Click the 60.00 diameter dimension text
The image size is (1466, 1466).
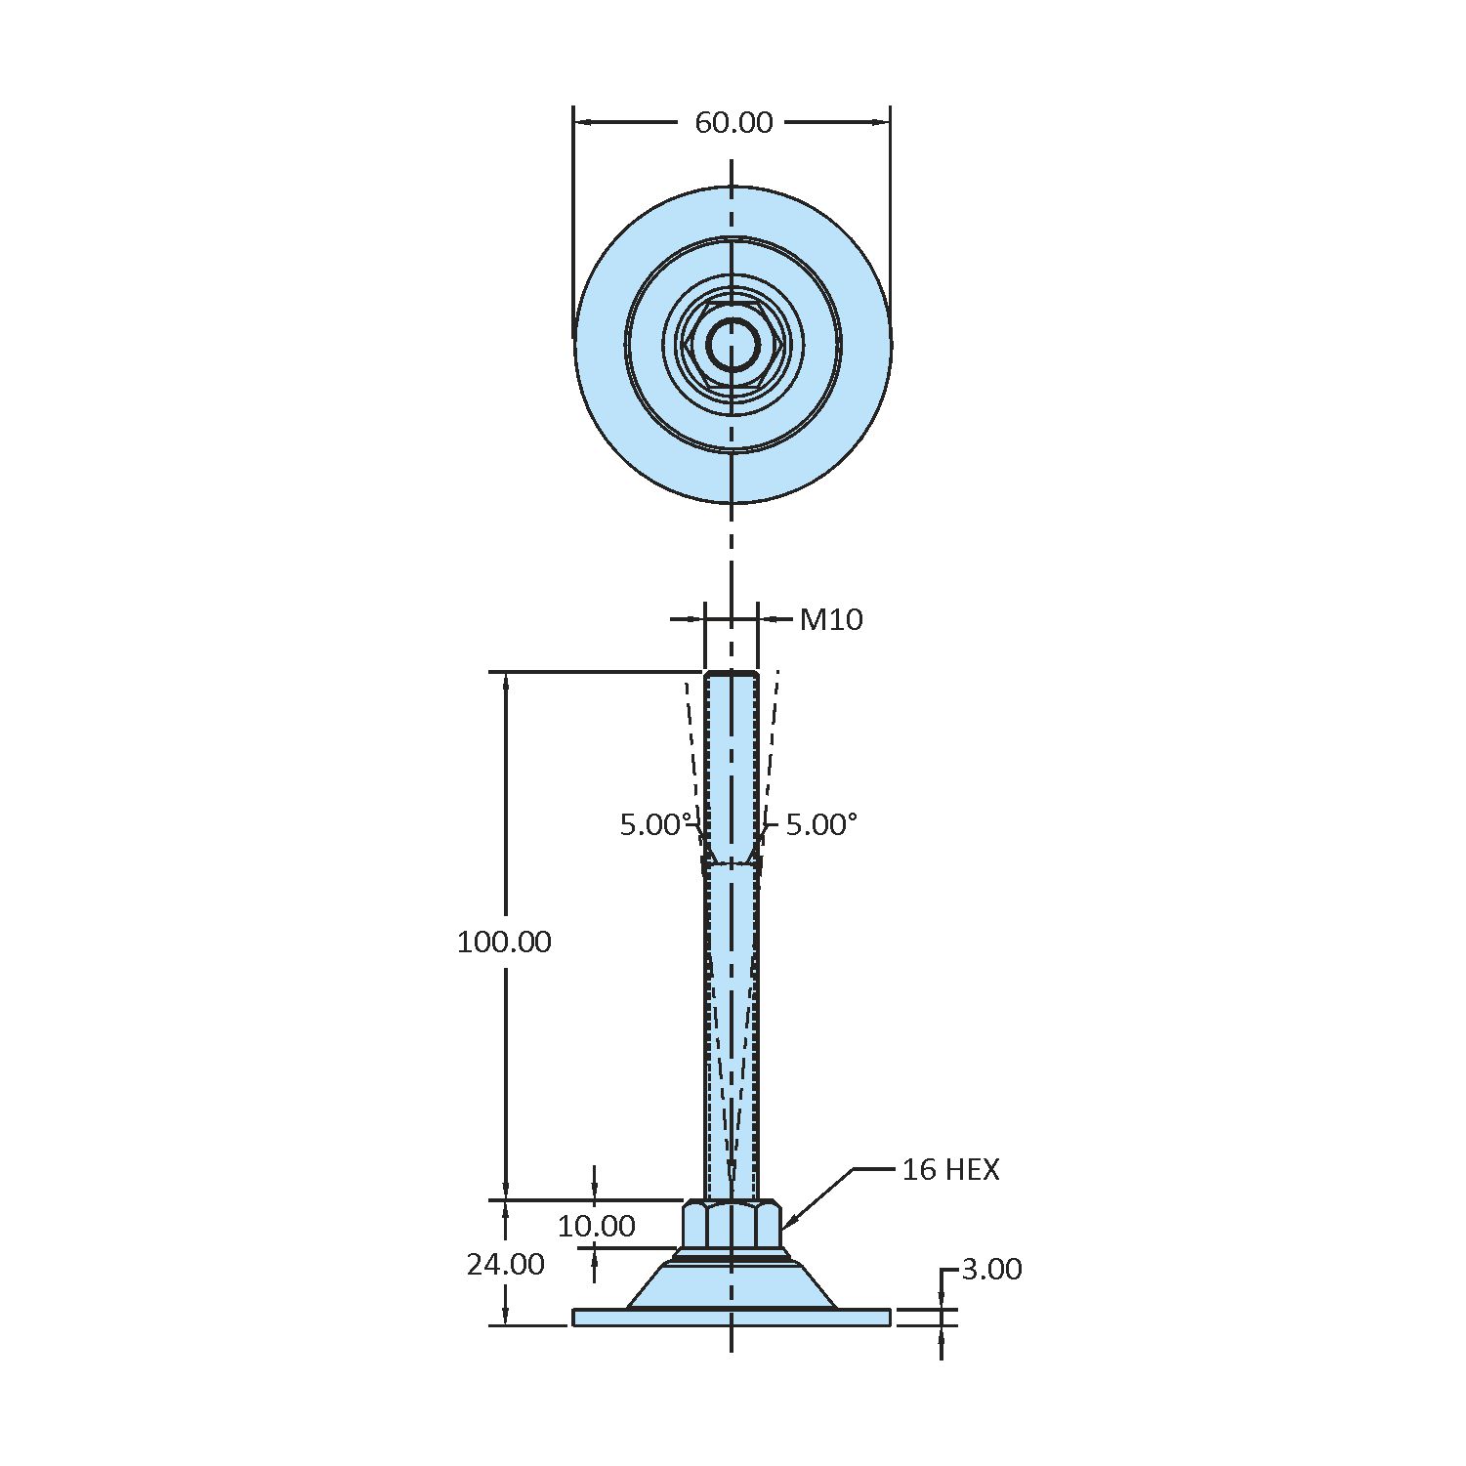click(733, 122)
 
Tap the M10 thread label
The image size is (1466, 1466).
click(831, 619)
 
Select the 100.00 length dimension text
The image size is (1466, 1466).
click(504, 942)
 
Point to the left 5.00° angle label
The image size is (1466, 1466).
click(656, 824)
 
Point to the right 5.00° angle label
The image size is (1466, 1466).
click(821, 824)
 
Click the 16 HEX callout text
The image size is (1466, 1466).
click(949, 1169)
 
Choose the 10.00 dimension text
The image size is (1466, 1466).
click(596, 1226)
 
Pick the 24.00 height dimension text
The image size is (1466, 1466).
click(505, 1264)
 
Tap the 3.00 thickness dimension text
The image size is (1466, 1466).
click(991, 1269)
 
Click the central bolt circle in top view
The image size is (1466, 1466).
click(732, 344)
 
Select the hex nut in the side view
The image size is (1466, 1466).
click(732, 1225)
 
